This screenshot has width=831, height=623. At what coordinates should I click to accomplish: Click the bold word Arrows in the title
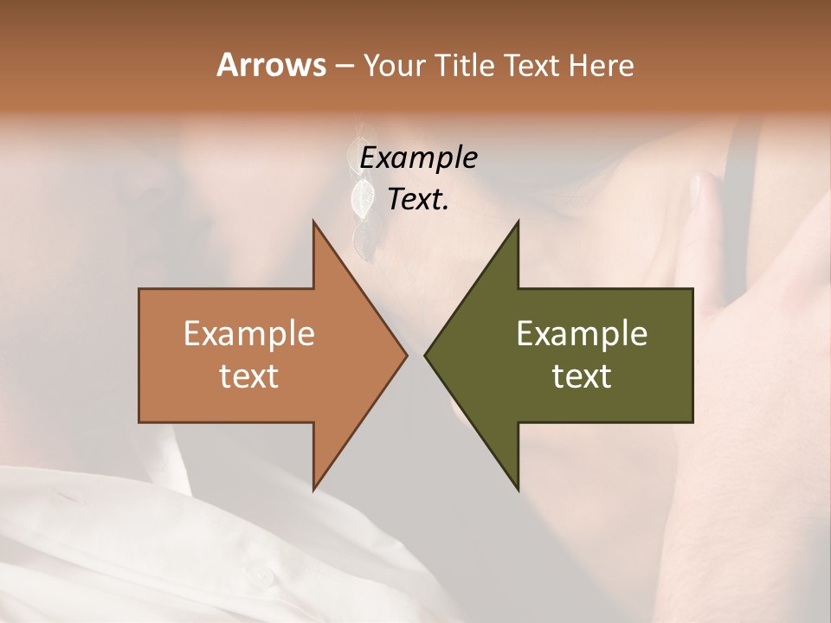coord(271,65)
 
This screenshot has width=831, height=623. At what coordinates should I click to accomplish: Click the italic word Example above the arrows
coord(418,158)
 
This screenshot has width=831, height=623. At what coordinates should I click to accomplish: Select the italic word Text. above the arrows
coord(418,200)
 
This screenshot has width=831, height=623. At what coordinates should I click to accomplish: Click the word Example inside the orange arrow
coord(249,334)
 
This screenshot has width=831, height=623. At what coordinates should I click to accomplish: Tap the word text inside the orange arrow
coord(249,376)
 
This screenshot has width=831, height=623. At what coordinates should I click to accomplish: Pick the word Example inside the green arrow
coord(582,334)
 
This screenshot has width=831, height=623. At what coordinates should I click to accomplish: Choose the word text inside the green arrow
coord(582,376)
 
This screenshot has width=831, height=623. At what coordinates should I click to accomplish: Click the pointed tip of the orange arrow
coord(407,355)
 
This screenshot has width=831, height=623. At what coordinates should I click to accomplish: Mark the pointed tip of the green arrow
coord(425,355)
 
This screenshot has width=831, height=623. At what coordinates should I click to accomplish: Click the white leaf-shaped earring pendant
coord(362,198)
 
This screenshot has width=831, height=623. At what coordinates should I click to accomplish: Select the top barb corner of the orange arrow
coord(313,222)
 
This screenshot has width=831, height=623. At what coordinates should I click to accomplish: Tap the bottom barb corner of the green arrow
coord(518,490)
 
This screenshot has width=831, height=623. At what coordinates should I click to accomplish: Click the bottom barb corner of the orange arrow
coord(313,490)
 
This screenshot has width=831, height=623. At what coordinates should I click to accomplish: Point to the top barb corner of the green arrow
coord(518,222)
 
